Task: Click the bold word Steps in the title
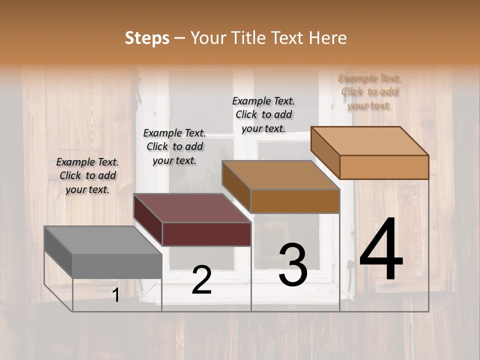click(146, 38)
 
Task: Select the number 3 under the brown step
click(293, 264)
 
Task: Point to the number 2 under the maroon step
click(201, 280)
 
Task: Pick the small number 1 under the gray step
click(115, 295)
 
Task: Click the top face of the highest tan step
click(370, 141)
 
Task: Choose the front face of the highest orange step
click(384, 167)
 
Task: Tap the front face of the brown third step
click(295, 201)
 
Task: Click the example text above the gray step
click(87, 175)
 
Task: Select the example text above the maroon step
click(174, 146)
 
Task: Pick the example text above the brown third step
click(263, 114)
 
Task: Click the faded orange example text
click(369, 91)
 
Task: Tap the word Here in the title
click(328, 38)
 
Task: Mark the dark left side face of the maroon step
click(148, 220)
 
